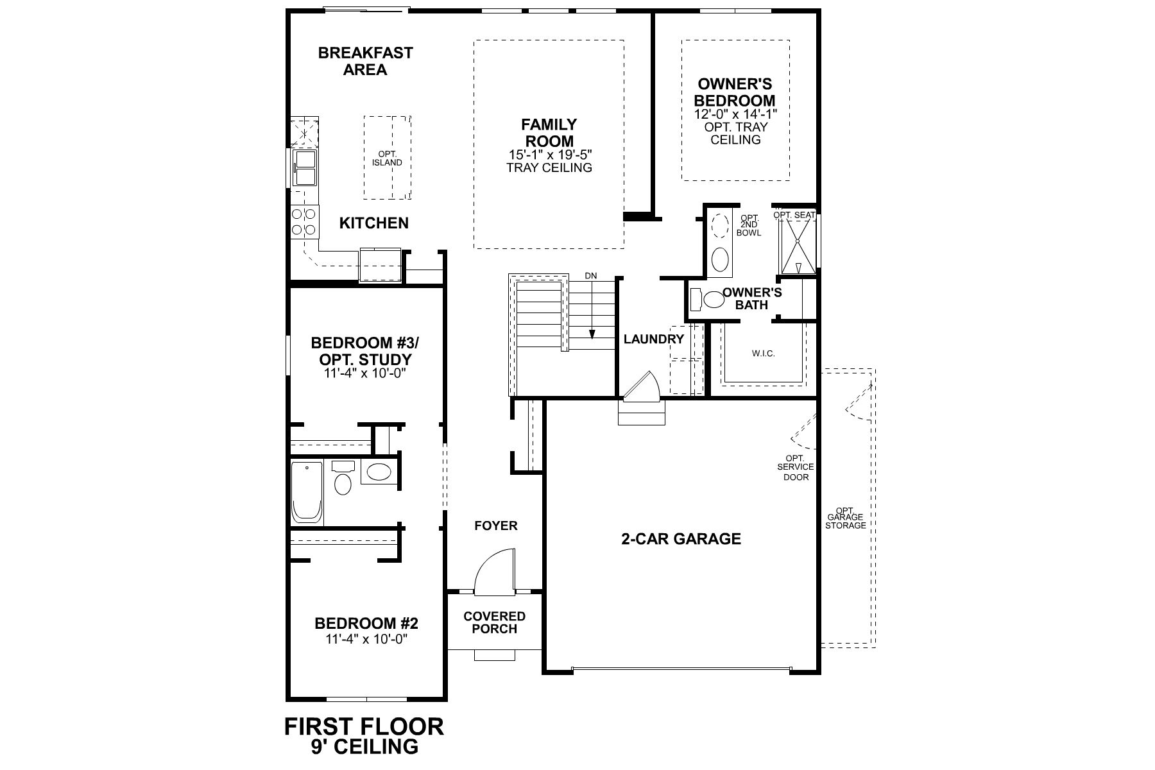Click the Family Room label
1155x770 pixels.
[x=549, y=132]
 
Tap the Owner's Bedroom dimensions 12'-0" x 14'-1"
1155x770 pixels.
[x=735, y=114]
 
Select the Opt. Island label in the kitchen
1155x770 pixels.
[x=387, y=158]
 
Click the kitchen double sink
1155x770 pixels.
[x=305, y=167]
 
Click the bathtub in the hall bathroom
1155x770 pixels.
[x=307, y=492]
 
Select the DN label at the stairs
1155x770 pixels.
[x=591, y=276]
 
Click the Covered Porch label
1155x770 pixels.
[x=494, y=622]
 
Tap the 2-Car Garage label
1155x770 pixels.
[x=681, y=539]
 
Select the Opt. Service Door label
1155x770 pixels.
[x=796, y=467]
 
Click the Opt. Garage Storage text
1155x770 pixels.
[x=846, y=517]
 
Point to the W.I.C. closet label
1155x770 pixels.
[x=763, y=354]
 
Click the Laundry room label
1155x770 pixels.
[x=654, y=339]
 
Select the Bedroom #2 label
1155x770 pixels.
[x=366, y=623]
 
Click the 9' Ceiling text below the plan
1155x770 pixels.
[x=364, y=746]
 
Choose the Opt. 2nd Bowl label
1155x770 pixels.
[x=749, y=225]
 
